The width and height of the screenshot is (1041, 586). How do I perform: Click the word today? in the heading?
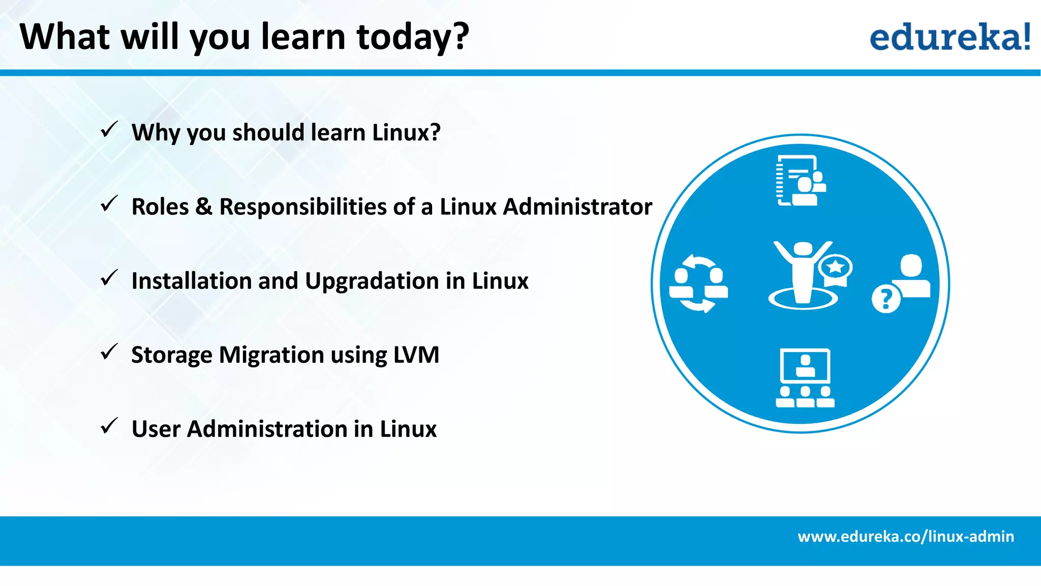(x=412, y=38)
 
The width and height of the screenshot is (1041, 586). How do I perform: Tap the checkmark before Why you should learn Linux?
(x=109, y=130)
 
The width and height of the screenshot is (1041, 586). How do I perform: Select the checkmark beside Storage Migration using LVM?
(x=109, y=352)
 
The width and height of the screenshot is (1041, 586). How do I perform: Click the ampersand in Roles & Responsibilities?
(x=204, y=207)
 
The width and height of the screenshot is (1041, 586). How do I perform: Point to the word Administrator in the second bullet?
(x=577, y=207)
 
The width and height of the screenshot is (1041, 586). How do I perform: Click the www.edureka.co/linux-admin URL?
(x=906, y=537)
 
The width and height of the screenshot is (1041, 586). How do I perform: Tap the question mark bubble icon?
(x=886, y=299)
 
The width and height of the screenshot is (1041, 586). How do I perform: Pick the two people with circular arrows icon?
(x=698, y=284)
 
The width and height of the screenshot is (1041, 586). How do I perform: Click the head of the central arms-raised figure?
(x=803, y=249)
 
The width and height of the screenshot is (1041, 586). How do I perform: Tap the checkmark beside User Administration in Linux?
(x=109, y=426)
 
